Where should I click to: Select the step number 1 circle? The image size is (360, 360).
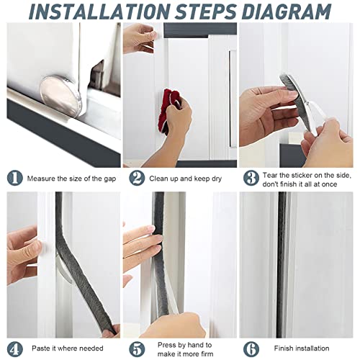coord(14,178)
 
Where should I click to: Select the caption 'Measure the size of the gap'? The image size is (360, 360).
coord(71,178)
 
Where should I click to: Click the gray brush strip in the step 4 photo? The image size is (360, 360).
coord(79,281)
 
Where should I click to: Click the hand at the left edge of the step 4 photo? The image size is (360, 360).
coord(22,248)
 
